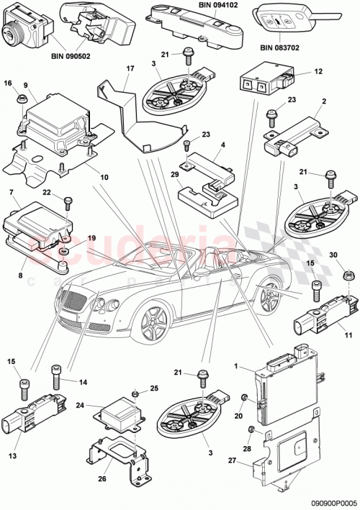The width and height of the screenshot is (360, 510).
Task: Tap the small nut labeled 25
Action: click(135, 394)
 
